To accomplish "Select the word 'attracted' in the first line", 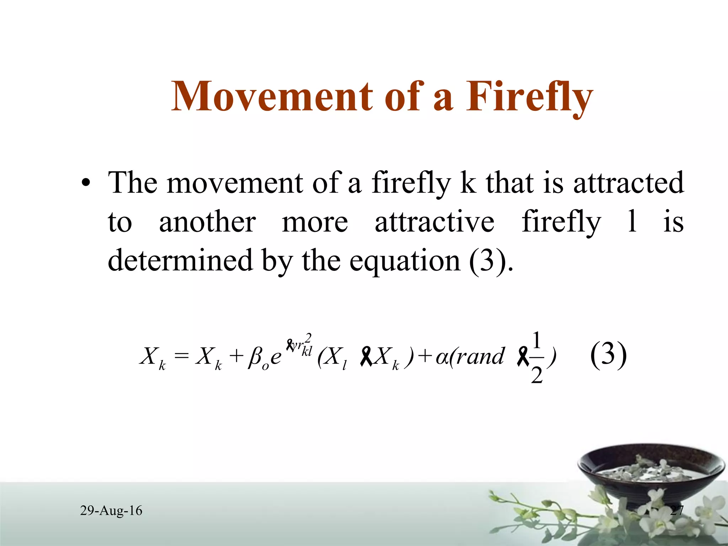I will (628, 183).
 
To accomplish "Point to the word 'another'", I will (207, 222).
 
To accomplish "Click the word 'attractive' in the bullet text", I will (434, 222).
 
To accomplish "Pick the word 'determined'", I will (180, 260).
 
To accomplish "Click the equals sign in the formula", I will (182, 355).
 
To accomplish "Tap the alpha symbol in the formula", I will (442, 357).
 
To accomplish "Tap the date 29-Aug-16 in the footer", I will (111, 510).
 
